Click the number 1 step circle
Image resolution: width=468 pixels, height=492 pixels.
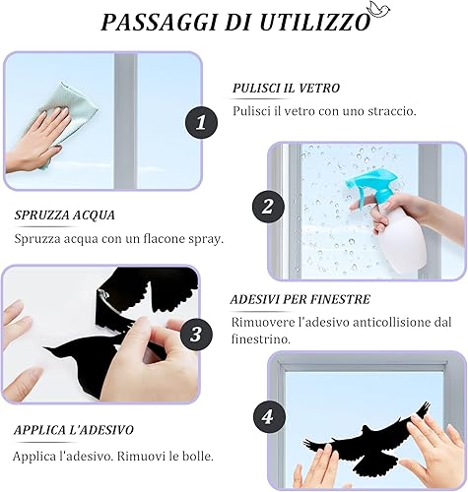pos(201,123)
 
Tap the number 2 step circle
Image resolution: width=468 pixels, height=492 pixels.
pos(268,207)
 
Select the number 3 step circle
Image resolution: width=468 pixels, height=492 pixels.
pos(196,335)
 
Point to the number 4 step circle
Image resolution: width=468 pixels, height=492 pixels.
pos(269,417)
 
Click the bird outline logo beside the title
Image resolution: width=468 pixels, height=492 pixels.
pos(378,9)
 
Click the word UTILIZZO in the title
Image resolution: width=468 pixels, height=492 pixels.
pos(315,23)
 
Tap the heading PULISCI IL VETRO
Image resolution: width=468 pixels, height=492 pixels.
pos(286,88)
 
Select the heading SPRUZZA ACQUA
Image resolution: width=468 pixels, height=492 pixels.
pos(65,215)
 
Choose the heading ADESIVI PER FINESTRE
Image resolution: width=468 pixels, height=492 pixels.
pos(301,299)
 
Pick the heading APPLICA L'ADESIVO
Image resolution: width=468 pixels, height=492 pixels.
pos(74,430)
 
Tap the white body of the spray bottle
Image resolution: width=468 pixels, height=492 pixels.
pos(401,242)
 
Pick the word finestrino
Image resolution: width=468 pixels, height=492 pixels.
pos(261,338)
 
